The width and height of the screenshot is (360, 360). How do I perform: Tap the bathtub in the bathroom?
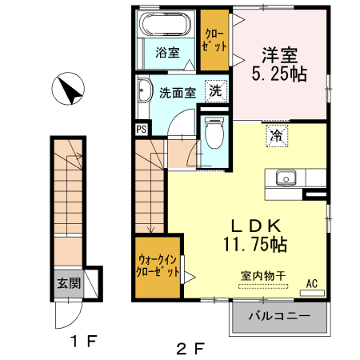[x=166, y=25]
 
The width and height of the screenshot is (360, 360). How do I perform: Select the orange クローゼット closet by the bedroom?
[x=214, y=40]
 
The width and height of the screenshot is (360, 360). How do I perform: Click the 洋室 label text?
[x=279, y=55]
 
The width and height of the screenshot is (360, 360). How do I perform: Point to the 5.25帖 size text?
[x=279, y=74]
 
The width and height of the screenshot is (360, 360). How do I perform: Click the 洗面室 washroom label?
[x=176, y=92]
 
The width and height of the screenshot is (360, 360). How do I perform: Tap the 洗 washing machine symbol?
[x=215, y=91]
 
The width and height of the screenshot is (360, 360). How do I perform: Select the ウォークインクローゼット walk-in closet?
[x=158, y=266]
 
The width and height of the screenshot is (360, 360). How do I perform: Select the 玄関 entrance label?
[x=67, y=282]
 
